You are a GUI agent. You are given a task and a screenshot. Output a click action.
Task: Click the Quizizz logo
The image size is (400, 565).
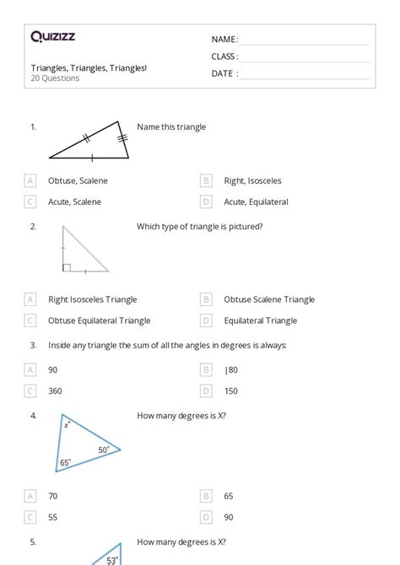52,36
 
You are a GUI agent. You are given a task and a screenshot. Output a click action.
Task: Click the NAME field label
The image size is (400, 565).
224,40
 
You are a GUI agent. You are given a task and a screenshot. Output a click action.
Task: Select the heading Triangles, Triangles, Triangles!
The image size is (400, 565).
89,67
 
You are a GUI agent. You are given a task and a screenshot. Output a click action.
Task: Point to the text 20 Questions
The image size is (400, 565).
56,78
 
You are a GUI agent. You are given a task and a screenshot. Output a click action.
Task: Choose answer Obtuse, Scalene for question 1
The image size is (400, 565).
78,180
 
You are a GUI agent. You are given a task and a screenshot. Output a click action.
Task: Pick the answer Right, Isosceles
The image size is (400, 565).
252,180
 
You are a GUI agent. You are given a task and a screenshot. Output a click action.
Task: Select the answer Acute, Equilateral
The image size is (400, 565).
256,202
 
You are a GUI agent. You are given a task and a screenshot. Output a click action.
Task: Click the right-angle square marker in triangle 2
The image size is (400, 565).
66,267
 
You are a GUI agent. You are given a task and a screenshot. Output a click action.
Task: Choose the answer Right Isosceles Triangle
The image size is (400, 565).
92,299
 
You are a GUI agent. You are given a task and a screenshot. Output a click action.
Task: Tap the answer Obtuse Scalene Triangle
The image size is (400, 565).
268,299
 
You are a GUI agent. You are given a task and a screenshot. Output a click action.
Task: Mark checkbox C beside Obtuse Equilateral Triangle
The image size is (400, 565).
31,320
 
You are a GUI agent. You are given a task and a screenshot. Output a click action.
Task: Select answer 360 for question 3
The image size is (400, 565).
55,390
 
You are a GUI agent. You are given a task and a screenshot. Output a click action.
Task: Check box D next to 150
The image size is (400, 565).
206,390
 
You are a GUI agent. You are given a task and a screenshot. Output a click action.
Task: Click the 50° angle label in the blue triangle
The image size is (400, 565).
104,450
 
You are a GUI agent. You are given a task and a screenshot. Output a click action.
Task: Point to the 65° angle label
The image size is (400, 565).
66,463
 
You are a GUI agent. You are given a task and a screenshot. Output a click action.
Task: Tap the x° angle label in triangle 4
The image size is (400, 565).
67,425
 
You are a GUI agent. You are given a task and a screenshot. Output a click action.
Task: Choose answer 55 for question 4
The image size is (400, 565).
53,517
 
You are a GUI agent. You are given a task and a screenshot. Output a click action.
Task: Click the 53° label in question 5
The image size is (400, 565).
111,560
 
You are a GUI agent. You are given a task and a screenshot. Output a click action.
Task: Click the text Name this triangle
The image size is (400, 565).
171,127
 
